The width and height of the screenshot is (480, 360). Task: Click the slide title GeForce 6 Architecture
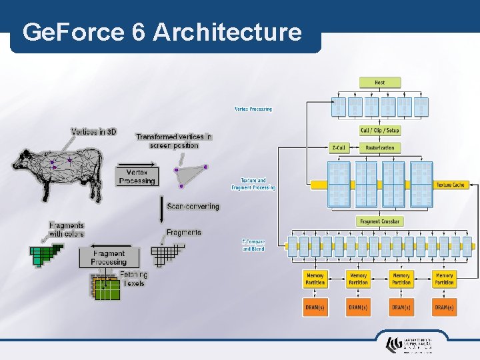[162, 31]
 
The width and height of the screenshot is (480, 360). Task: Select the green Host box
[379, 83]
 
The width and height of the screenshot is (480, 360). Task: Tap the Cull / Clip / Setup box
[379, 130]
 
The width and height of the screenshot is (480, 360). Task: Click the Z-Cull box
[339, 147]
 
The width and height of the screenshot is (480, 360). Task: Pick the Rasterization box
[379, 147]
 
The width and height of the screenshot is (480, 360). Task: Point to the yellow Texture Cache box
[450, 185]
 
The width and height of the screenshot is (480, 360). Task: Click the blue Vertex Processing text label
[253, 109]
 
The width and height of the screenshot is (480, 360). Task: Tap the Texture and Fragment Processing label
[253, 183]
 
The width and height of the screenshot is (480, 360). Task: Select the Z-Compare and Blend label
[253, 245]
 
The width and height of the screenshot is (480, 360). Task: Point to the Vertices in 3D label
[93, 132]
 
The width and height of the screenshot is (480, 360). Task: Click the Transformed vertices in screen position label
[173, 141]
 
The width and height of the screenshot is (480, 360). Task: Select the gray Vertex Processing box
[137, 177]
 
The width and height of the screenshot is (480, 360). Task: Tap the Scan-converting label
[193, 207]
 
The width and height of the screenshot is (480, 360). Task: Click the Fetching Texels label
[134, 279]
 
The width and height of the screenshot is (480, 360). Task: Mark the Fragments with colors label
[67, 229]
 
